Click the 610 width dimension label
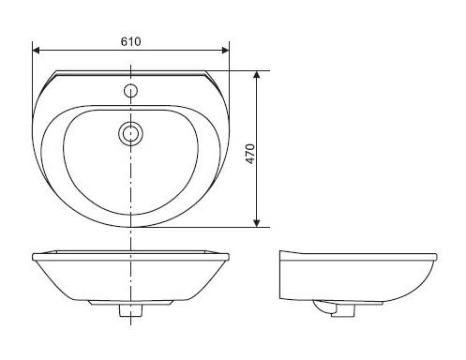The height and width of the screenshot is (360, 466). [x=130, y=41]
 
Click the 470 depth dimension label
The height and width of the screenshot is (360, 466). [x=250, y=154]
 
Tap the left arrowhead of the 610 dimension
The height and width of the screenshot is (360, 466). [x=36, y=51]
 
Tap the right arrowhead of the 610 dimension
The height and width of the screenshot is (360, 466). [x=225, y=51]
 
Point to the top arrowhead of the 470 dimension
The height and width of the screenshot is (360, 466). [x=257, y=74]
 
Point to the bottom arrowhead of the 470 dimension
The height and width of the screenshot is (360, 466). [x=257, y=223]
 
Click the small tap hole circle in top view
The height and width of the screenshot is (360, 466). [x=130, y=91]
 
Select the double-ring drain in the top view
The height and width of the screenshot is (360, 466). [x=130, y=134]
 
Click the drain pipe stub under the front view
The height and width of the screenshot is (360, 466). [x=130, y=310]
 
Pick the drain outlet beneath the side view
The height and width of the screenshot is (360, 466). [x=343, y=310]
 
